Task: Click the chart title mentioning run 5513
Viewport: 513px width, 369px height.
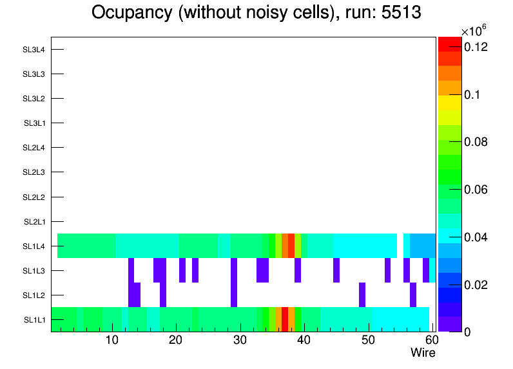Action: pyautogui.click(x=256, y=12)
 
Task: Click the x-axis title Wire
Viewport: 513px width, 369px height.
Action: pyautogui.click(x=423, y=353)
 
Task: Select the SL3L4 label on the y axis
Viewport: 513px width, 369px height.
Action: pyautogui.click(x=34, y=50)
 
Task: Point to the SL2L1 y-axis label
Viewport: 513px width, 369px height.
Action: pyautogui.click(x=34, y=222)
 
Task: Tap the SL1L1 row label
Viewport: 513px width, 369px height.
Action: pyautogui.click(x=34, y=320)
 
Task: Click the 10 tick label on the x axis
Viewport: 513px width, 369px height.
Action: pyautogui.click(x=112, y=340)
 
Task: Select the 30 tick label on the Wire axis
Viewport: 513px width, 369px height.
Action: pyautogui.click(x=240, y=340)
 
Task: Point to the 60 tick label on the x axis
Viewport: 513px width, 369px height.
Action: pyautogui.click(x=431, y=340)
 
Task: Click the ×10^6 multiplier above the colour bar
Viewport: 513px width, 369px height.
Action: pyautogui.click(x=473, y=31)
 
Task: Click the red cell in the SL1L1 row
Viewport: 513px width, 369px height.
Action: pyautogui.click(x=285, y=319)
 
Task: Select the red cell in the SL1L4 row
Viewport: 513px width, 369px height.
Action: pyautogui.click(x=291, y=246)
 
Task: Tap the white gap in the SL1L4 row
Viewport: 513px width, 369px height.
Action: pyautogui.click(x=400, y=246)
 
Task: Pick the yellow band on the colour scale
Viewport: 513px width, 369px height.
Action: pyautogui.click(x=450, y=103)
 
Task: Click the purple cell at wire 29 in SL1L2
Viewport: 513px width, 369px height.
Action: pyautogui.click(x=234, y=295)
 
